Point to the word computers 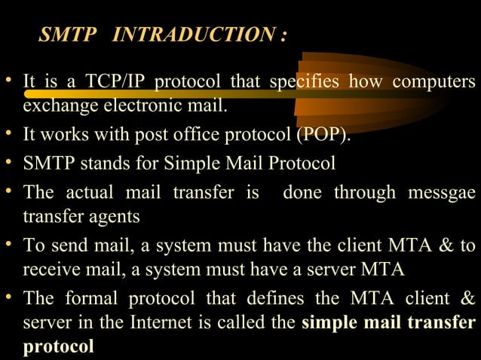(x=433, y=81)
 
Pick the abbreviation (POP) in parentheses (x=323, y=136)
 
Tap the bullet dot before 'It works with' (x=9, y=136)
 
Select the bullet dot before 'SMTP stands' (x=9, y=163)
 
